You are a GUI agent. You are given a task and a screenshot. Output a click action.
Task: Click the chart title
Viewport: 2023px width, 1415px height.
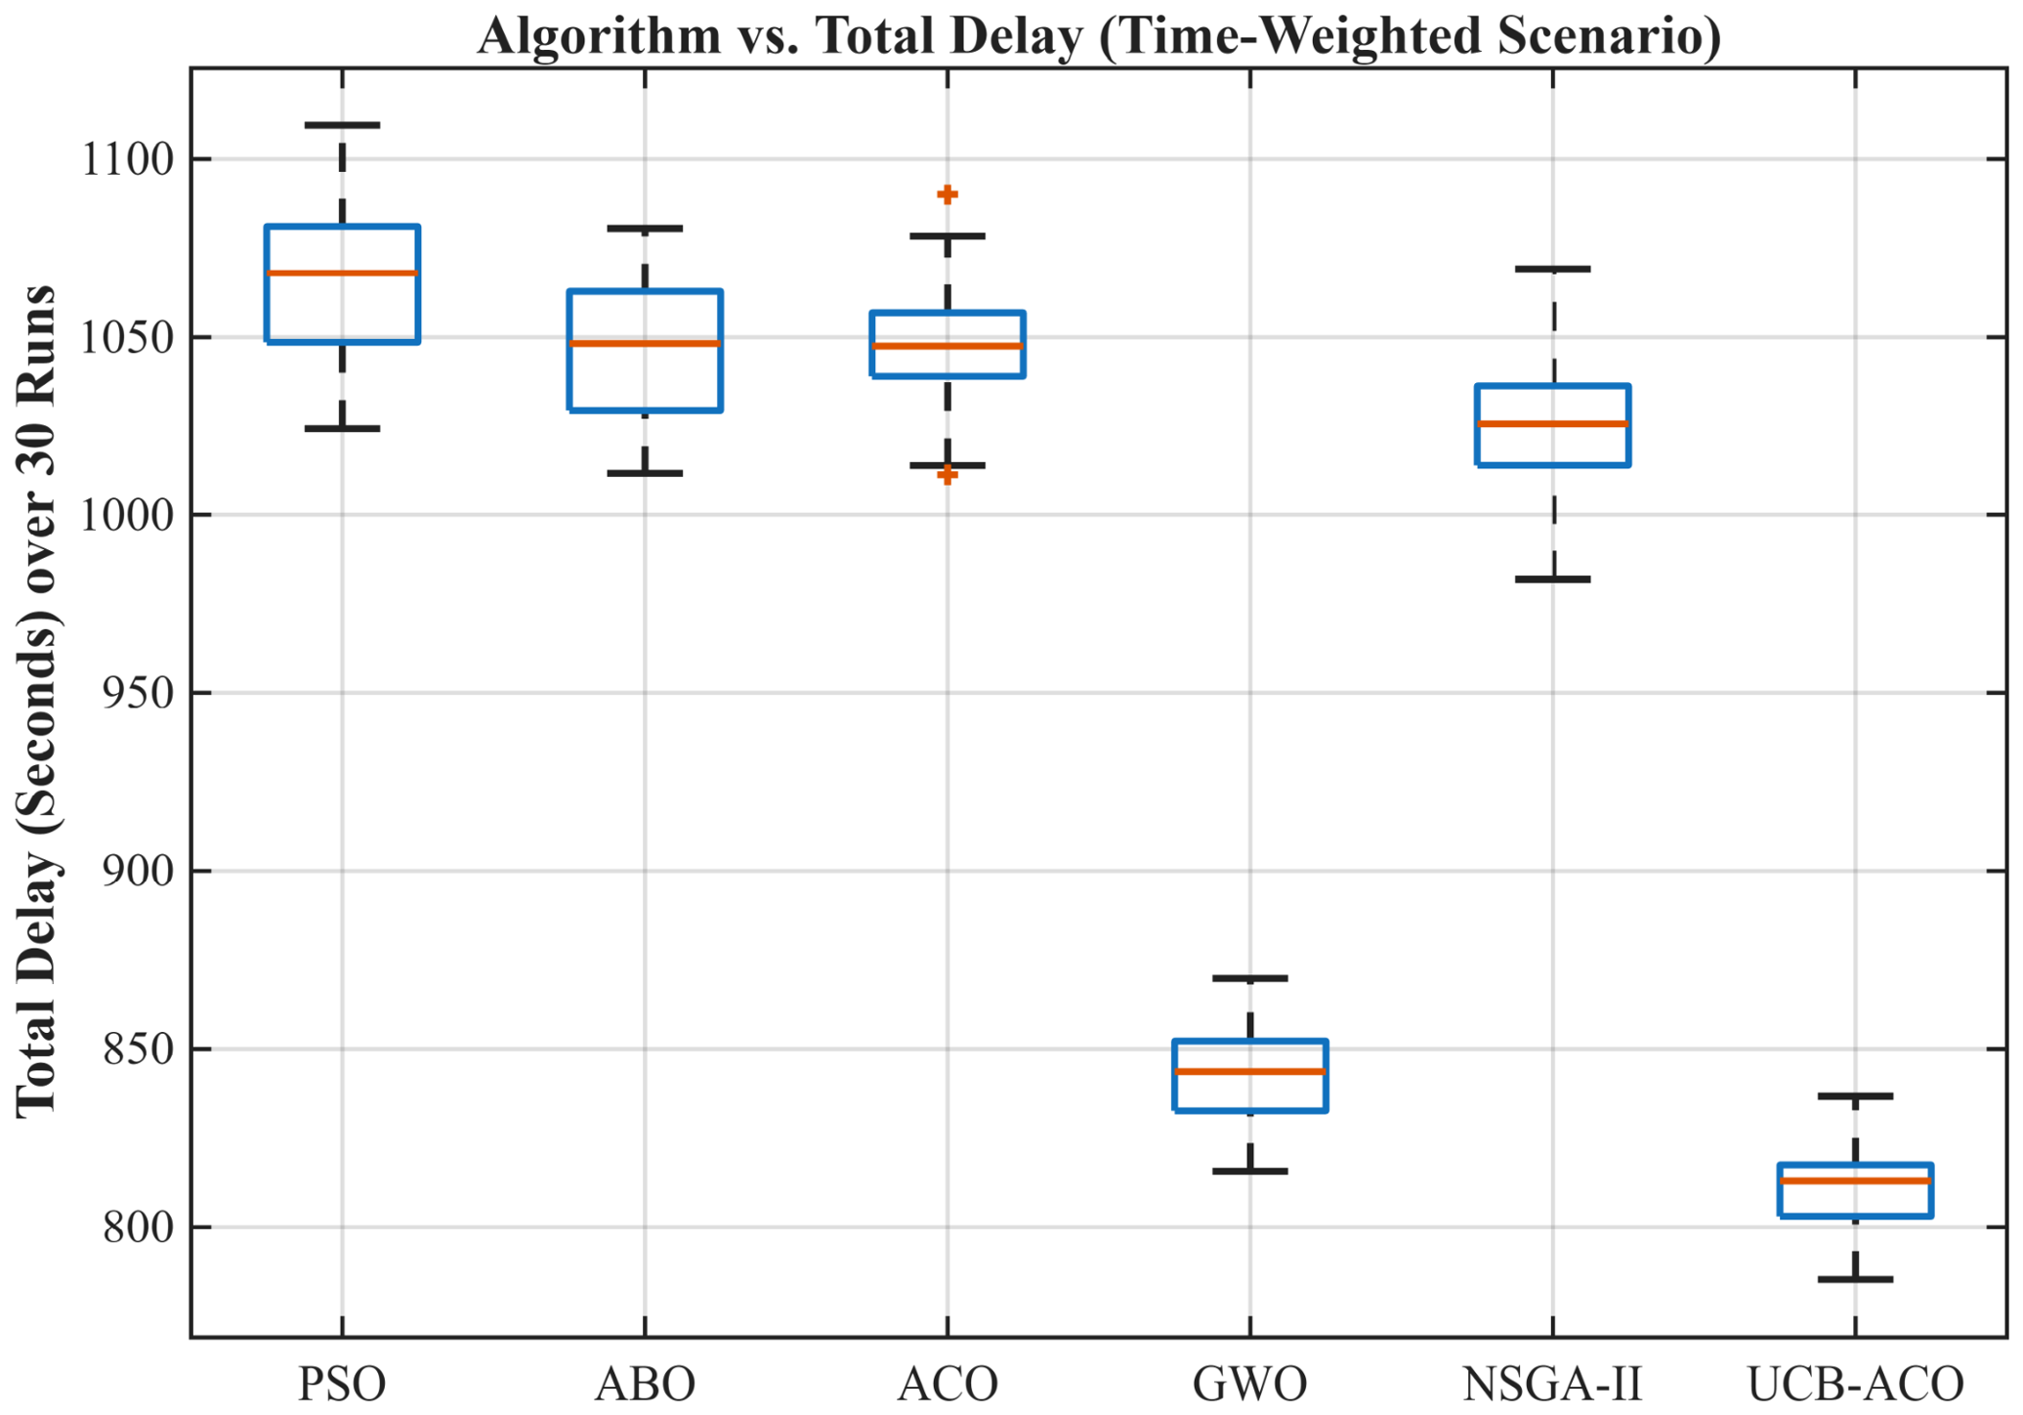coord(1099,35)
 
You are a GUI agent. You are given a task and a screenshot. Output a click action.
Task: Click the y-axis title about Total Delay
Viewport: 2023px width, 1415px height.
coord(37,701)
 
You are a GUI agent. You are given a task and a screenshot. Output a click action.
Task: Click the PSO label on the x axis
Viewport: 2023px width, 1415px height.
coord(342,1384)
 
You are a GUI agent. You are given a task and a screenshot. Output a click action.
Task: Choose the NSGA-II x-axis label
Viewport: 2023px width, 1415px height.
coord(1552,1384)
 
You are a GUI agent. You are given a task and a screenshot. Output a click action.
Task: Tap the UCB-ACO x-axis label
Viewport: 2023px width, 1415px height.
coord(1855,1384)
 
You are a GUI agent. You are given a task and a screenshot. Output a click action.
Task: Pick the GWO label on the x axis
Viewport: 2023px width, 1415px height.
coord(1249,1384)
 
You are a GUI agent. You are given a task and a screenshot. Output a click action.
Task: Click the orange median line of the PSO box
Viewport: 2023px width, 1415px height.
coord(342,273)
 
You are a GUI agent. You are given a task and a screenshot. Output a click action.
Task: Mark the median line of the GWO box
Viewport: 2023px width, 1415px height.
coord(1249,1072)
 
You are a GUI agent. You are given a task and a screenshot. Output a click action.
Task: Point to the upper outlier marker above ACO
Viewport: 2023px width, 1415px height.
coord(947,194)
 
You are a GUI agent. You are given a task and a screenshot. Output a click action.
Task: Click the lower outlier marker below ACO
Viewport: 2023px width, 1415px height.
coord(947,475)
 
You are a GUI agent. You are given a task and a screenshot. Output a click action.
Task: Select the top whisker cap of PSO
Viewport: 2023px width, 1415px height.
coord(342,125)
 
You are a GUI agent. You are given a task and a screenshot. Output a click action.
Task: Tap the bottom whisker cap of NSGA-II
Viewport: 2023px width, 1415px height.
coord(1552,579)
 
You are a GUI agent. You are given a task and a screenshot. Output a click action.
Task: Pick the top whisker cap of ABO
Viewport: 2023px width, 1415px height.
coord(645,228)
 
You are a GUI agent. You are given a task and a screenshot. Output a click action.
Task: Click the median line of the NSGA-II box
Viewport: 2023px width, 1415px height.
coord(1552,423)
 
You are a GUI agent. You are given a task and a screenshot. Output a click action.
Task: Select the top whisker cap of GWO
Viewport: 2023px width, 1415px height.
coord(1249,978)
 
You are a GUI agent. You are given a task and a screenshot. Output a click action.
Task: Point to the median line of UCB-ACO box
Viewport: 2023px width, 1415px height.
coord(1855,1181)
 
